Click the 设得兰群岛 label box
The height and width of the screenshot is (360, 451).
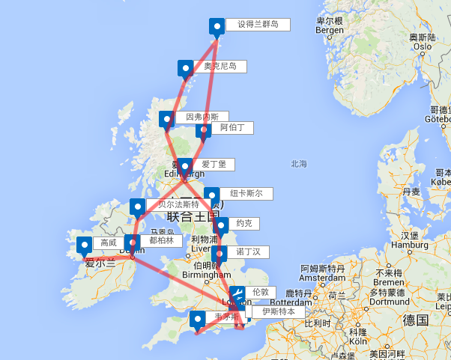tap(258, 25)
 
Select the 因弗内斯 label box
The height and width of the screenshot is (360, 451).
tap(202, 118)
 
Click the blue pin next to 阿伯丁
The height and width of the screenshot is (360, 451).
tap(203, 131)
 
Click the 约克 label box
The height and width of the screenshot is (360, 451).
tap(243, 223)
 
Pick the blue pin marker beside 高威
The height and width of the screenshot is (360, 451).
tap(85, 245)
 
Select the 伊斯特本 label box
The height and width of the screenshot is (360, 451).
tap(273, 311)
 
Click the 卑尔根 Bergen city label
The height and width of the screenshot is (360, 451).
tap(330, 25)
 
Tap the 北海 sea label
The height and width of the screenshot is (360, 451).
tap(300, 163)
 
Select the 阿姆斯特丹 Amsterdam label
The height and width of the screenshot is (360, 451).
tap(324, 272)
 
